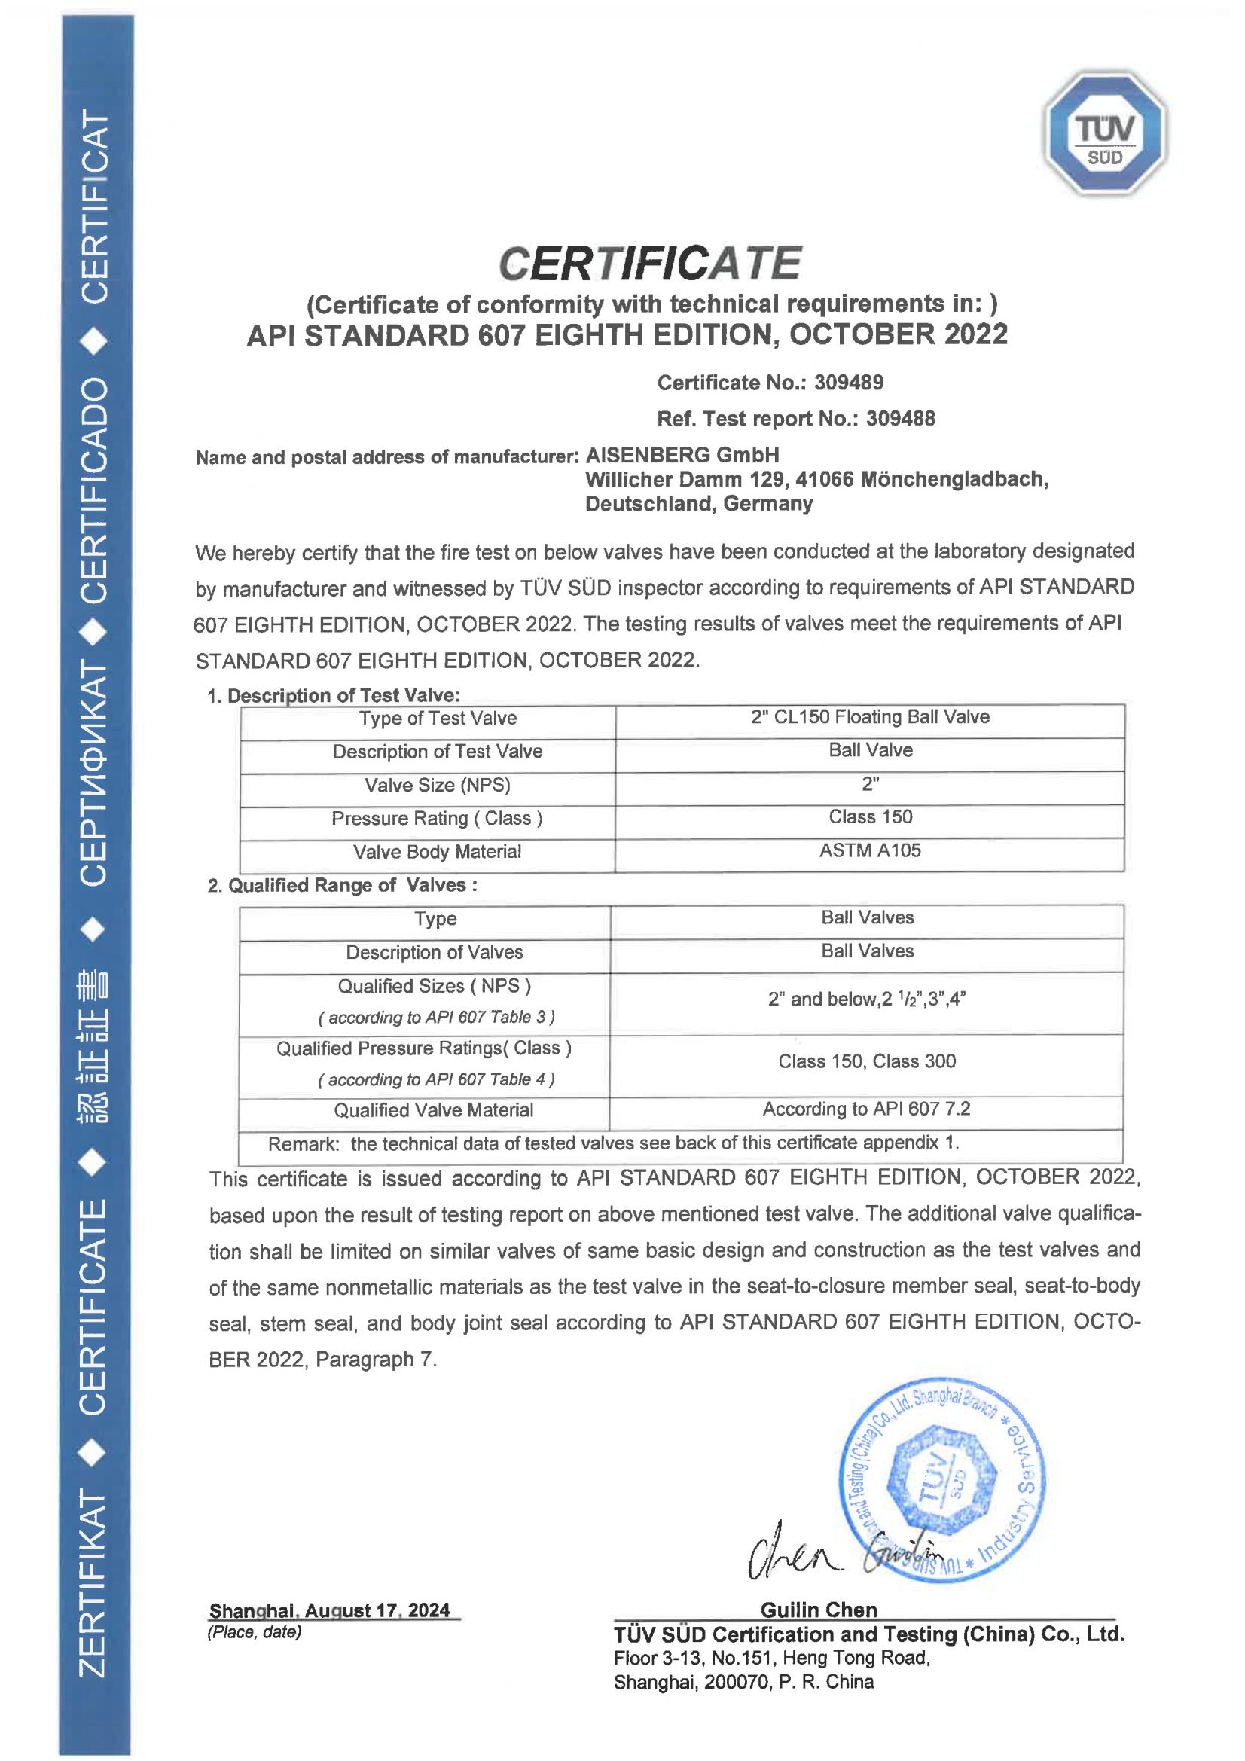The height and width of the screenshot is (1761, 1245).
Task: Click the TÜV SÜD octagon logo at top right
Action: [x=1105, y=133]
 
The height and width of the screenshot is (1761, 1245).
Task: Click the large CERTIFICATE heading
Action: [x=650, y=263]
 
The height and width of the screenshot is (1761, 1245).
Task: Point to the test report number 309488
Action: [x=901, y=419]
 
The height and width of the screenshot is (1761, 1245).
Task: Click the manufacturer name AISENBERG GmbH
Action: [x=682, y=456]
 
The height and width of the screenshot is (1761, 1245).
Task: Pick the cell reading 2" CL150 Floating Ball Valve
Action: [x=870, y=717]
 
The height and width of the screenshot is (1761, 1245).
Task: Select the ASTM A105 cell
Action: [x=870, y=850]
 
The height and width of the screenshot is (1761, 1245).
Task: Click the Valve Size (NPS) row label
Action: [x=438, y=786]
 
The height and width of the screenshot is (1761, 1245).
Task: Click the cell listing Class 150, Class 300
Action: [x=867, y=1061]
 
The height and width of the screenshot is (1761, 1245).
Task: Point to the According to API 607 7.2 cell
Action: [x=867, y=1109]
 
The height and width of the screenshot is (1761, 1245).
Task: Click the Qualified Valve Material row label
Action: [x=433, y=1110]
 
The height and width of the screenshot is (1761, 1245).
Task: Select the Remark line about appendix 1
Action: [x=614, y=1143]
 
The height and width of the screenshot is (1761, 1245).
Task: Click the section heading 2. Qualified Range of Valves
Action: [x=342, y=885]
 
